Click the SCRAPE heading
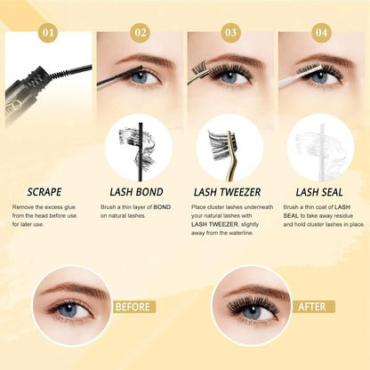coord(44,191)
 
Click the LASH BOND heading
coord(138,191)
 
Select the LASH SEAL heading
coord(320,191)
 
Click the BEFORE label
coord(132,307)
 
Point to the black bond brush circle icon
coord(138,148)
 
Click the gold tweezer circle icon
coord(229,148)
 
